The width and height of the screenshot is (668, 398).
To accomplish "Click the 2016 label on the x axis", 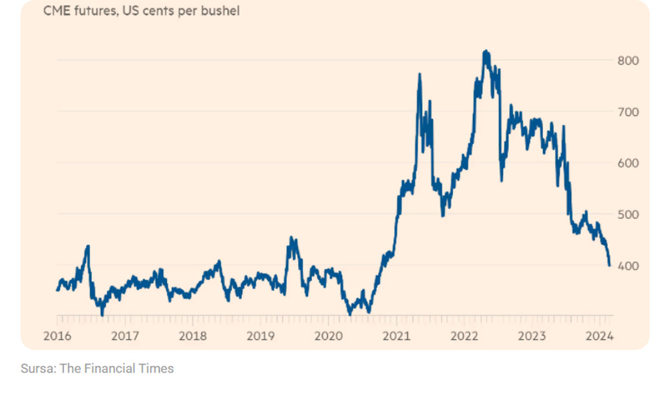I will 57,335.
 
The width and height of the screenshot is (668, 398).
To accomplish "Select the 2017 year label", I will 124,335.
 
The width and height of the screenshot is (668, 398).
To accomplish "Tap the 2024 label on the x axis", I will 600,335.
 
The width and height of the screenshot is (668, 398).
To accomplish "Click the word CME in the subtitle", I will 55,11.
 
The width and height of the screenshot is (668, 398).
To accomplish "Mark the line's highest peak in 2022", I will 486,51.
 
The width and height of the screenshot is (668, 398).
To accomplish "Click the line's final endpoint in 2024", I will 609,265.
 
